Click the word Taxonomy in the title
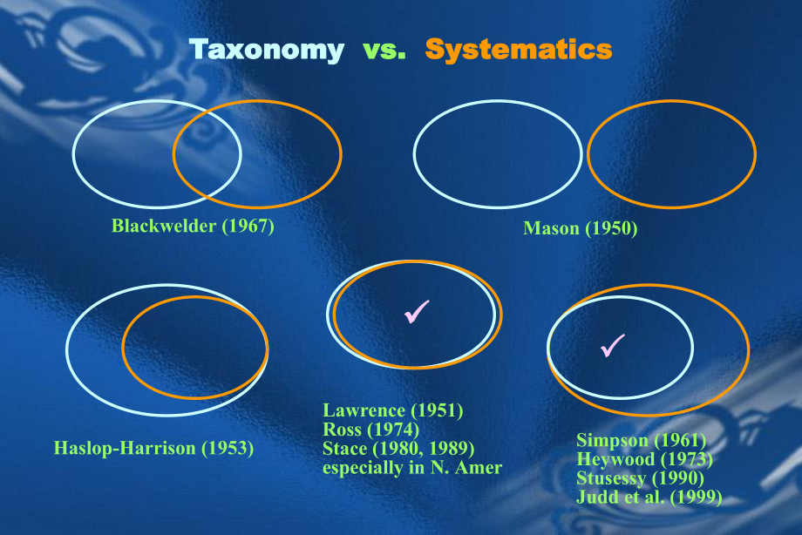pos(267,50)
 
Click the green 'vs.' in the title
pos(384,50)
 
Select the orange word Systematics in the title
pos(519,50)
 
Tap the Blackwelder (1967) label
pos(193,227)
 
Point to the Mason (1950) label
pos(581,229)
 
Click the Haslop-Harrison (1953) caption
pos(153,450)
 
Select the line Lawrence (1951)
pos(392,410)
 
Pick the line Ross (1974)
pos(370,430)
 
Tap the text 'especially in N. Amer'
pos(412,469)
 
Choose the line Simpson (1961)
pos(641,440)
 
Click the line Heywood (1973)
pos(644,459)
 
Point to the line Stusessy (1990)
pos(641,478)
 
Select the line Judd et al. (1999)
pos(649,498)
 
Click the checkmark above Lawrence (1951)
pos(417,311)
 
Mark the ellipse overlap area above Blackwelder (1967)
pos(207,152)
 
